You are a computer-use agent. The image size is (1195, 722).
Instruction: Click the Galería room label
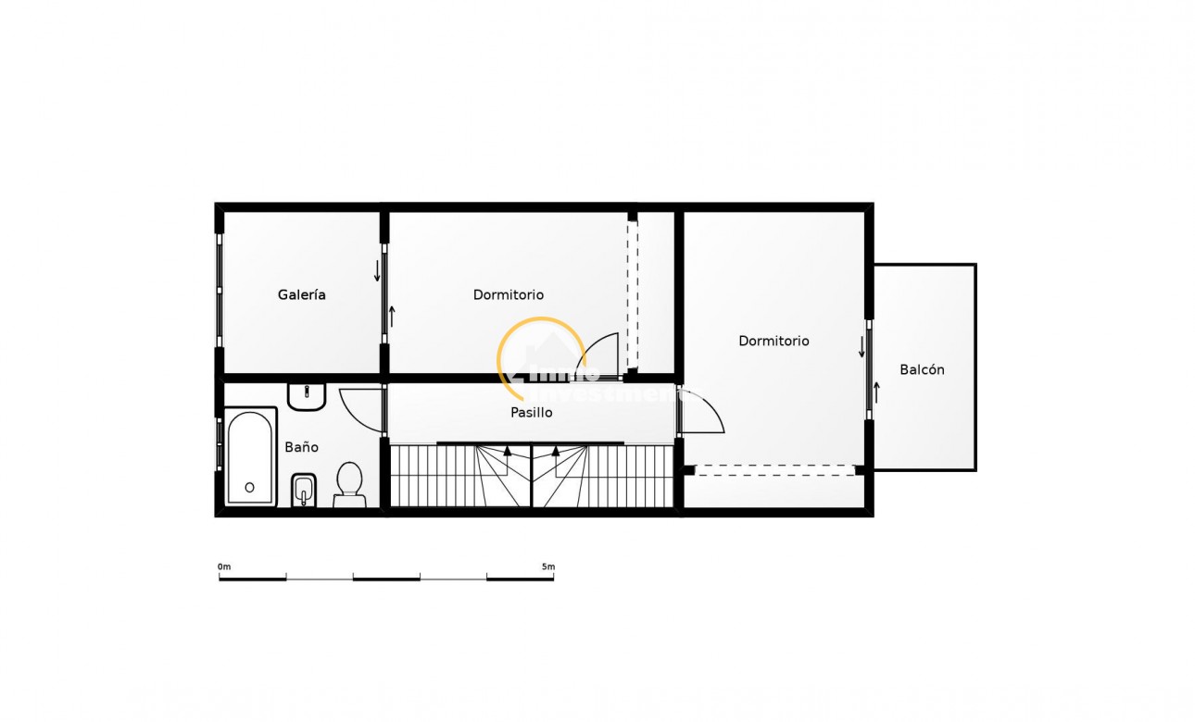(x=301, y=295)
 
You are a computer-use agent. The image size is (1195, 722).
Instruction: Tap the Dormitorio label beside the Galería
(x=508, y=295)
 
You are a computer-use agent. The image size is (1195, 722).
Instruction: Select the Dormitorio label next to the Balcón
(x=774, y=342)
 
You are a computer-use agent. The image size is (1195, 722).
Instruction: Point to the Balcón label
(x=922, y=370)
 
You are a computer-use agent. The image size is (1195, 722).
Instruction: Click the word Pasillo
(x=532, y=413)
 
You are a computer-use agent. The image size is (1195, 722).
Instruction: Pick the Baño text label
(x=301, y=447)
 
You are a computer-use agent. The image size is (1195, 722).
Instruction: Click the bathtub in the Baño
(x=250, y=457)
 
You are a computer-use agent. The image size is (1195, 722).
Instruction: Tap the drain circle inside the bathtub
(x=249, y=487)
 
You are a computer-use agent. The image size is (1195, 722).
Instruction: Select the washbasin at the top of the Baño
(x=306, y=396)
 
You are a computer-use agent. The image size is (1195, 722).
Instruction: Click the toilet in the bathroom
(x=349, y=483)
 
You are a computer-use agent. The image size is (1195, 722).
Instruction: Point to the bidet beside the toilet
(x=303, y=490)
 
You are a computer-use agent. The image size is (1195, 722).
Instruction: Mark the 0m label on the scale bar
(x=223, y=566)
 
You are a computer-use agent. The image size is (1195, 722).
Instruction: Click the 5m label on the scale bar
(x=548, y=566)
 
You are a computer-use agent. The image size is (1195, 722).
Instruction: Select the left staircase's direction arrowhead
(x=507, y=452)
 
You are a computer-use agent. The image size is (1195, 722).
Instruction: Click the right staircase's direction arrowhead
(x=556, y=452)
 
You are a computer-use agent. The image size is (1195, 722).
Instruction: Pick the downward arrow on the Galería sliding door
(x=377, y=271)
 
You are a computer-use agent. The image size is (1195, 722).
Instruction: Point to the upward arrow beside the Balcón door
(x=876, y=392)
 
